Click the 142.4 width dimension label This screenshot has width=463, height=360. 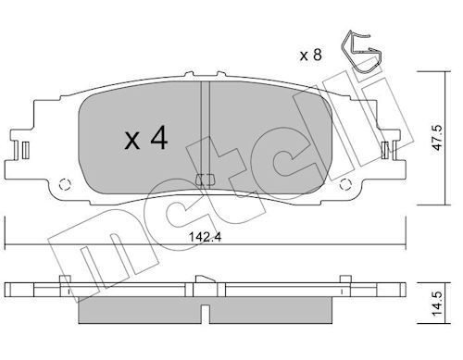[x=205, y=237]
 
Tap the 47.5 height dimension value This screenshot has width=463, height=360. [x=437, y=138]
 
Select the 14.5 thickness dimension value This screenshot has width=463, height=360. [x=437, y=304]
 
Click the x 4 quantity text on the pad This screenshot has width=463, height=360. [x=146, y=139]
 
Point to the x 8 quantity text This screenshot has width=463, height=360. [x=311, y=56]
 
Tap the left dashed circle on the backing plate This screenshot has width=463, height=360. [x=65, y=184]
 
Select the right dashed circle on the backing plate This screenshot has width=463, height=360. [x=345, y=184]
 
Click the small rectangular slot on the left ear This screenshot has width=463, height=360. [x=26, y=150]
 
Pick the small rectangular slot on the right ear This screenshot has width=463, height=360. [x=384, y=150]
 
